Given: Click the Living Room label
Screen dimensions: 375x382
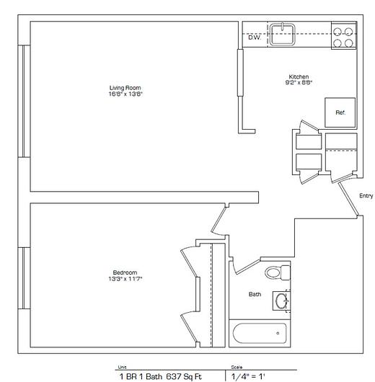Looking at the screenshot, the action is [x=125, y=88].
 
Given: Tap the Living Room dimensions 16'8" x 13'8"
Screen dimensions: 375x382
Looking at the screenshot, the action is [x=125, y=94].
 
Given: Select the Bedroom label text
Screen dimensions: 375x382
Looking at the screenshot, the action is [x=125, y=272].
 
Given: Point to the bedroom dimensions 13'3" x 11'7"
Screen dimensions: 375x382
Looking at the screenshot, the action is [x=125, y=279].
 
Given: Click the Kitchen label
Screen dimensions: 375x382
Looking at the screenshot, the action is [x=299, y=76].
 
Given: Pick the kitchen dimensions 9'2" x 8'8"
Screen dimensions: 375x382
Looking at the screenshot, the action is [x=299, y=82].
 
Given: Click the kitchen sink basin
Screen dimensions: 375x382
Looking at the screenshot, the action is [x=283, y=35].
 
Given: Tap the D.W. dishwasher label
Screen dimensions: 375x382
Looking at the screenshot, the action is [x=255, y=37].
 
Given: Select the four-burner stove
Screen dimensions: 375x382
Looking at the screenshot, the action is [x=344, y=35].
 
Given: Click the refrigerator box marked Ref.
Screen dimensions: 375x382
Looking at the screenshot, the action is [x=340, y=112].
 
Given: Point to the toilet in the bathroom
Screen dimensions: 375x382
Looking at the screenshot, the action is [x=278, y=272].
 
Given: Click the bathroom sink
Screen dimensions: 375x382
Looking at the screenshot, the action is [x=282, y=301].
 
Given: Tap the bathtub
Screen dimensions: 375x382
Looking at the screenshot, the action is [x=260, y=333].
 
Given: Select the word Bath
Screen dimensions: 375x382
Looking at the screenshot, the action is [x=255, y=294].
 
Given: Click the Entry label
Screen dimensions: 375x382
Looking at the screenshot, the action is [x=366, y=195].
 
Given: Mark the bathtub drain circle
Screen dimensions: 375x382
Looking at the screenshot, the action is [x=278, y=333].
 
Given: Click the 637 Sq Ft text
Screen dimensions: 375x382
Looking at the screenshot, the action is [x=184, y=376].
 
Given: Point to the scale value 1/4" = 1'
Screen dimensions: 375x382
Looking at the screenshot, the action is [x=248, y=376].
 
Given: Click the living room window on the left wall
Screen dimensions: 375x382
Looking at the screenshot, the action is [x=24, y=101].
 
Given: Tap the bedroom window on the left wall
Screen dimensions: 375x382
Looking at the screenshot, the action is [x=24, y=278].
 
